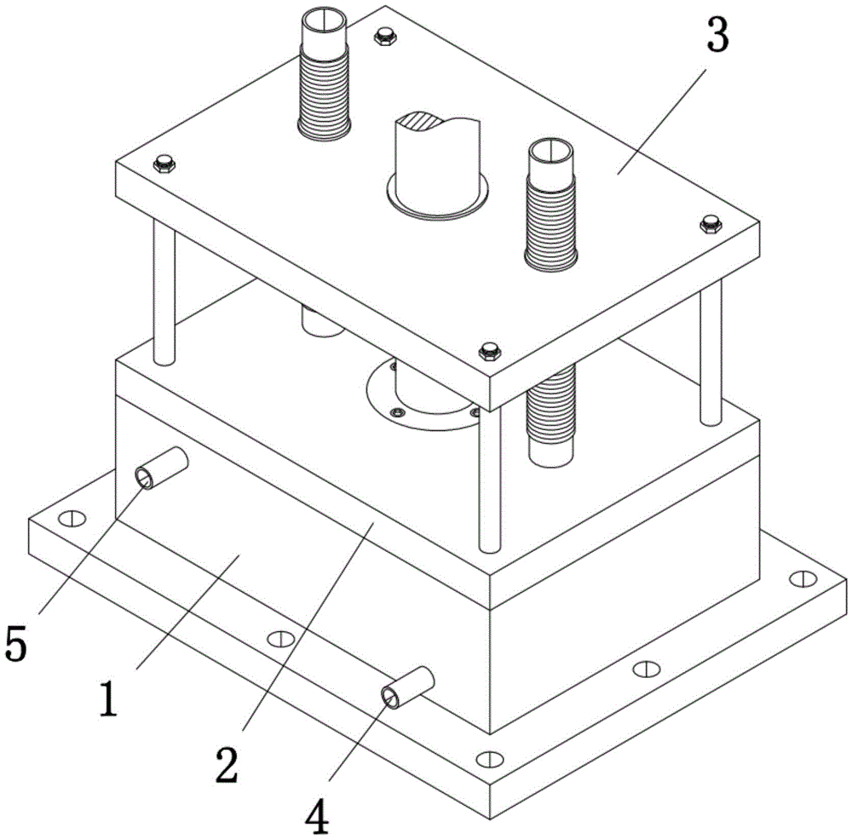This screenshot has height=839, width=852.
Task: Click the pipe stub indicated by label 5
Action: (163, 468)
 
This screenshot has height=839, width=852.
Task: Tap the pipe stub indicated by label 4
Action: (408, 687)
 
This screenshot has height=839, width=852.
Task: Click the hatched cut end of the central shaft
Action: (426, 122)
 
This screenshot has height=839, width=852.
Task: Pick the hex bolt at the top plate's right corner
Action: (708, 224)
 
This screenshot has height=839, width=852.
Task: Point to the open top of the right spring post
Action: (550, 152)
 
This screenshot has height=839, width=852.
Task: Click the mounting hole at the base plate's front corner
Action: (488, 758)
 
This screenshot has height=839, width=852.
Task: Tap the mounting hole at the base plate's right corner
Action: (801, 578)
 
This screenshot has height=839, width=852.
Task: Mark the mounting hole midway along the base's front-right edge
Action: (647, 668)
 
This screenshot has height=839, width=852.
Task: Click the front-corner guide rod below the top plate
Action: (487, 477)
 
